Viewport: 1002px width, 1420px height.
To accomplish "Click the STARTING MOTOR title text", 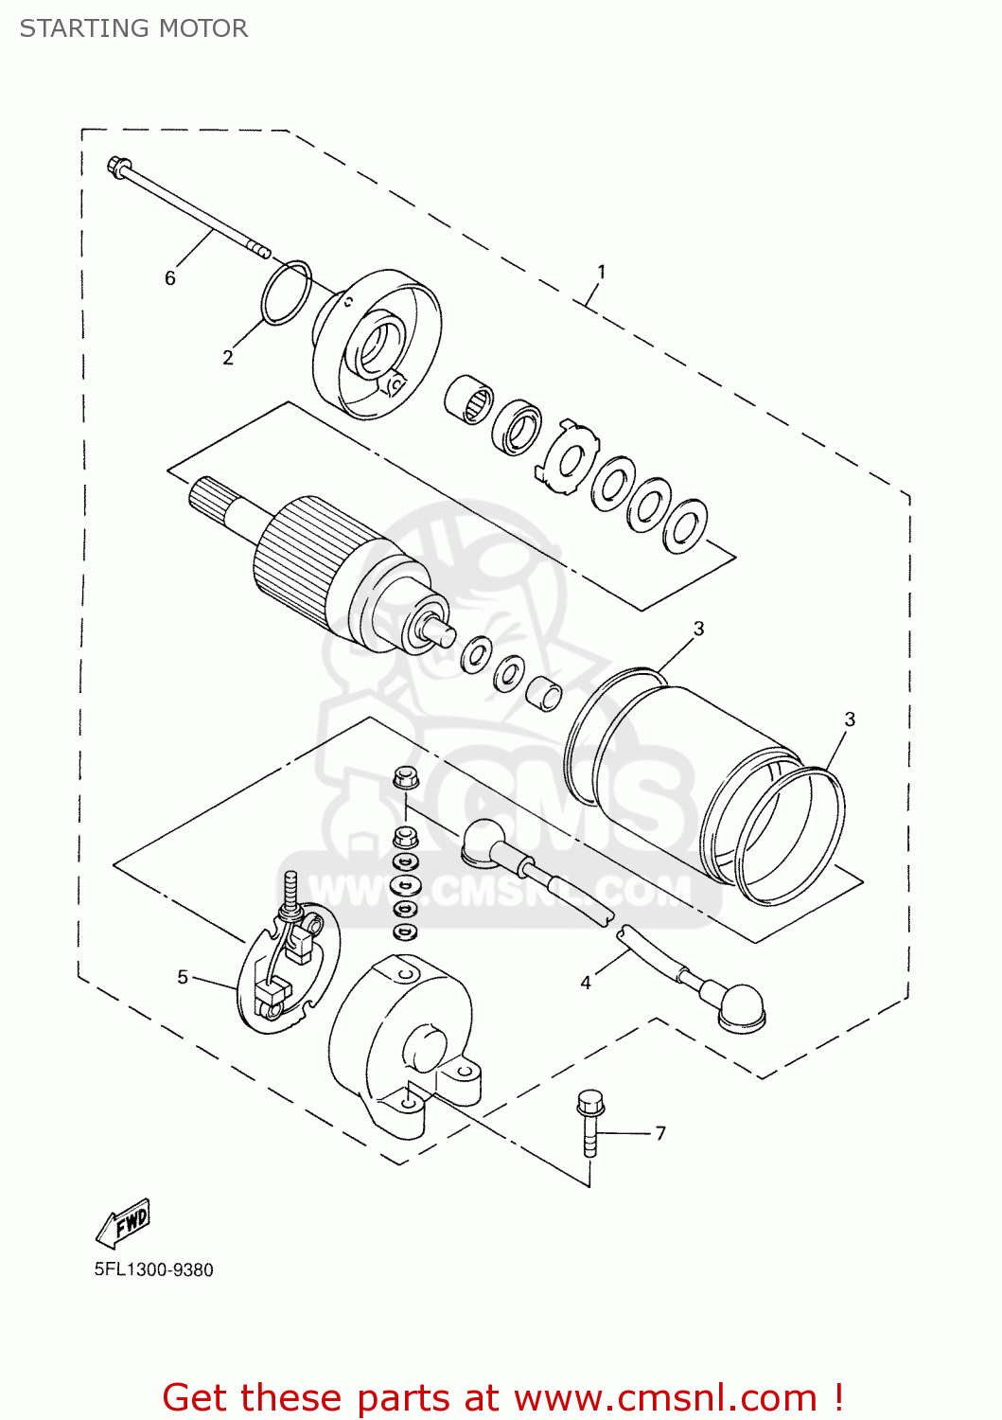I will coord(133,28).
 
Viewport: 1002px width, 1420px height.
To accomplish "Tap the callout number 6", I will coord(170,277).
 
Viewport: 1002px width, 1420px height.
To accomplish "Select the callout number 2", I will coord(227,358).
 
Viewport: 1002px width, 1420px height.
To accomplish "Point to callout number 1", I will coord(601,272).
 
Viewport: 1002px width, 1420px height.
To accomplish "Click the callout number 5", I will coord(183,977).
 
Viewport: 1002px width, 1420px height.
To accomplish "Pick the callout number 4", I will coord(586,983).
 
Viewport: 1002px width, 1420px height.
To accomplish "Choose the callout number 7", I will coord(660,1133).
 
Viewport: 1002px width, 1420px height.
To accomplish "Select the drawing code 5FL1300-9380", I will coord(153,1270).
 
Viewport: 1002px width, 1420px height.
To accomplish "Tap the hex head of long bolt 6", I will coord(118,168).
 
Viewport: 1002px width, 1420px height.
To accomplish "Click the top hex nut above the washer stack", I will coord(405,778).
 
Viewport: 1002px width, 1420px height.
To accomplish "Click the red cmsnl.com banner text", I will coord(502,1397).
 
